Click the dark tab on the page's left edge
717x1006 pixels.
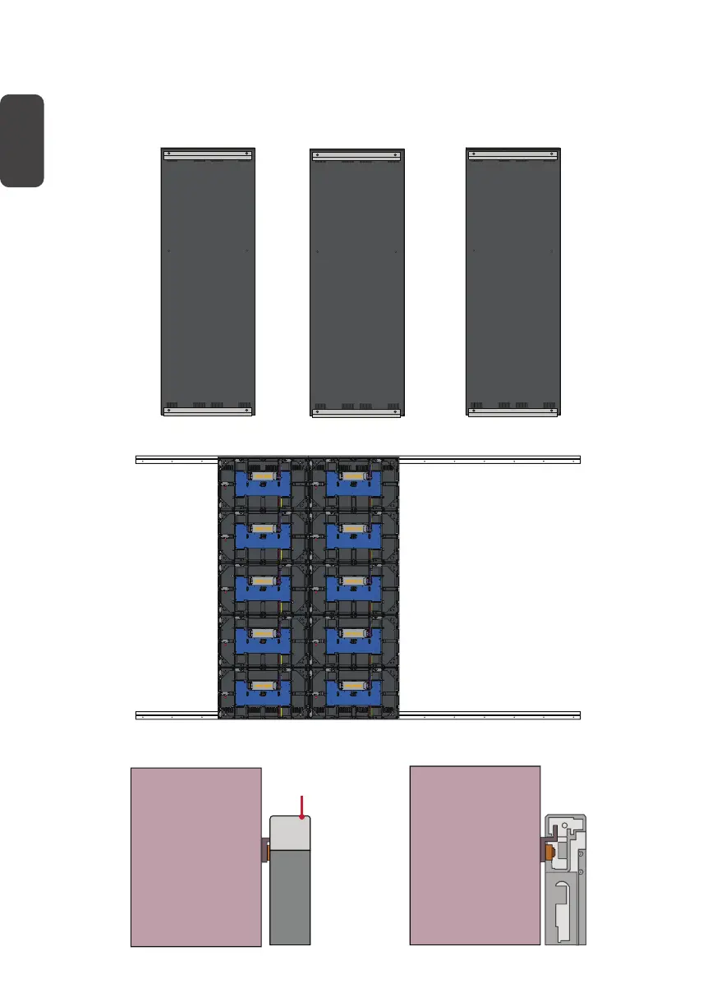pos(21,140)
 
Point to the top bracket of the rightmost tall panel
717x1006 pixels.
pos(512,153)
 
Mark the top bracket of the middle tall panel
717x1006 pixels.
pos(357,155)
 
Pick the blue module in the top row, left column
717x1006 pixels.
pos(263,482)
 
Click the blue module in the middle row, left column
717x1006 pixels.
pos(263,586)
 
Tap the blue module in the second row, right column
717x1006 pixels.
pos(354,534)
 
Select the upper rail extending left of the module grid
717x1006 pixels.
pos(176,460)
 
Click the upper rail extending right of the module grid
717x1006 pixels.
pos(489,460)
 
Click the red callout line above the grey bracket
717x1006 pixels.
pos(305,806)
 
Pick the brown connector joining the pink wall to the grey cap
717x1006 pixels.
pos(264,849)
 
